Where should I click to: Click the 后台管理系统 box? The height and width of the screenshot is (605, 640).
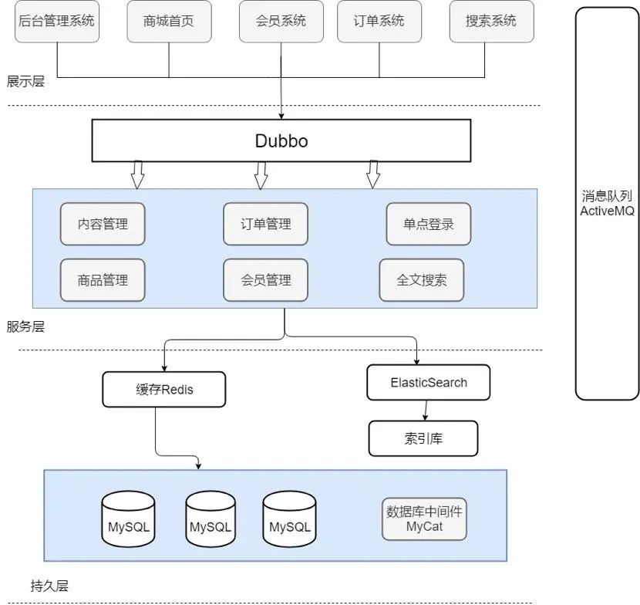[57, 22]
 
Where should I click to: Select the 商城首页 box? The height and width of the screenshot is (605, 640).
[169, 22]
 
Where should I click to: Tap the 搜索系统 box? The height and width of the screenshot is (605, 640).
[491, 22]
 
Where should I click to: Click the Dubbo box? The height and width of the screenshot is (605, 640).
[281, 140]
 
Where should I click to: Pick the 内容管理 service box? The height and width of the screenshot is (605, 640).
[103, 224]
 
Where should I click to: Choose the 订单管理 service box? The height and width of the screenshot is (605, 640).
[266, 224]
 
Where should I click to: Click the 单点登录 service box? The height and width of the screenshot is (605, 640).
[429, 224]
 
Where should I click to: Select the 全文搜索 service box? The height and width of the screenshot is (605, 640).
[422, 280]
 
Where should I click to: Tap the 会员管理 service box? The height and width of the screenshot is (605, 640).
[266, 280]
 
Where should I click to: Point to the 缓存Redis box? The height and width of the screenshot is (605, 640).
[163, 389]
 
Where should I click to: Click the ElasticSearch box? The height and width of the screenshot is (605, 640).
[429, 382]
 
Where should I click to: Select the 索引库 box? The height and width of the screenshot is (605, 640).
[423, 438]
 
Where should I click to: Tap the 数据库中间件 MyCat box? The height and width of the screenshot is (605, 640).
[424, 519]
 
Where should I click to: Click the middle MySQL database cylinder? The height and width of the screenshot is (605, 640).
[211, 519]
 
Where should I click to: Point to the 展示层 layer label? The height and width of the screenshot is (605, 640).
[25, 81]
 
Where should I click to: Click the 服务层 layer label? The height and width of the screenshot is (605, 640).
[25, 326]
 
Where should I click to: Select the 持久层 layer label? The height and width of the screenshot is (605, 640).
[49, 586]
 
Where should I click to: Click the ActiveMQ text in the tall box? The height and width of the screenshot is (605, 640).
[607, 211]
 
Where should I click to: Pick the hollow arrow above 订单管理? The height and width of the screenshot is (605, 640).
[261, 176]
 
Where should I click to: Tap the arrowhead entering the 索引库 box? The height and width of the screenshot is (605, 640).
[425, 418]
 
